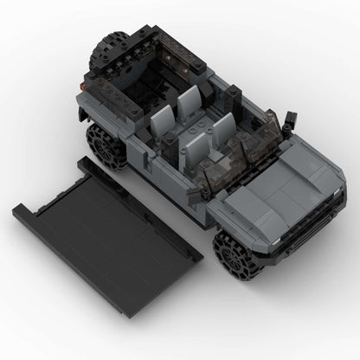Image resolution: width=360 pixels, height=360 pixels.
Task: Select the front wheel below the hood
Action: (x=236, y=253)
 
